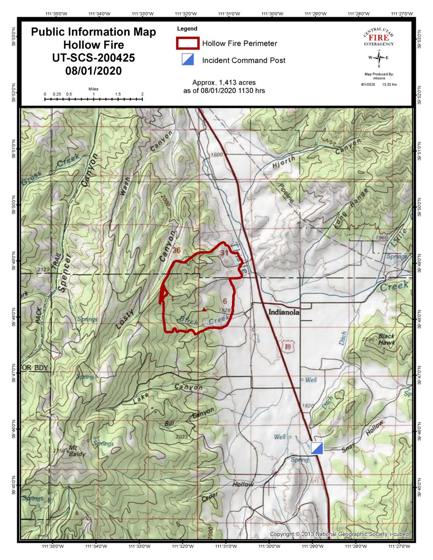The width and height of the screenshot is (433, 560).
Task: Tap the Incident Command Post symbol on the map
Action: (x=317, y=448)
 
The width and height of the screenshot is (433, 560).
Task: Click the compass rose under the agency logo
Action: (x=380, y=58)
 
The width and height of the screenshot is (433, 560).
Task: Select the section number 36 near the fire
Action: (x=176, y=250)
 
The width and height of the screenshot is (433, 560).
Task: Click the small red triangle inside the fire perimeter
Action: (x=204, y=309)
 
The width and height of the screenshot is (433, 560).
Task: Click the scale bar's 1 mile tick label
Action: (x=93, y=94)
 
